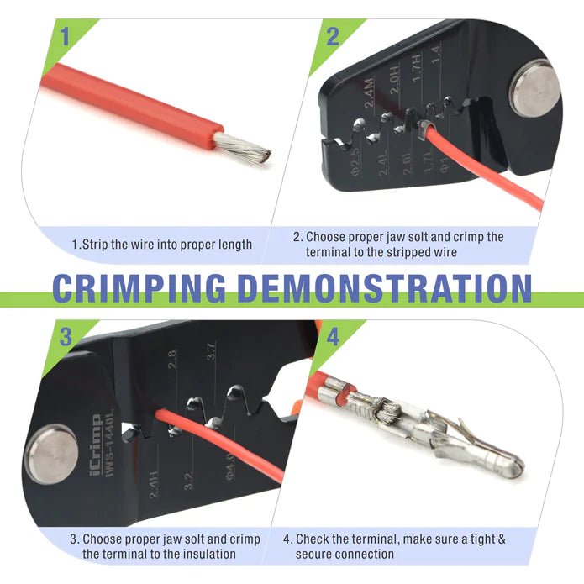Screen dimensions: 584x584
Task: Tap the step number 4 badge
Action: coord(334,339)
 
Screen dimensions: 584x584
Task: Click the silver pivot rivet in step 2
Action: coord(534,87)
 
